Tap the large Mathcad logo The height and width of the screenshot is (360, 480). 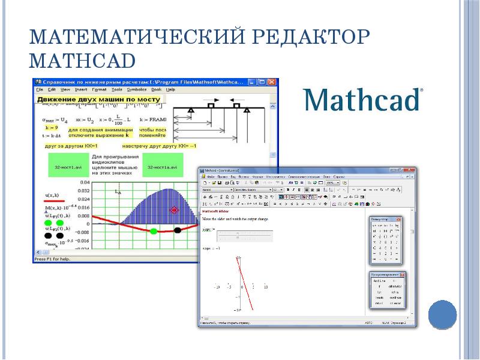[x=363, y=100]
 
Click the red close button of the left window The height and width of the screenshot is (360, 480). [x=273, y=82]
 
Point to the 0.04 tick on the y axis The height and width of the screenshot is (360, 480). [x=84, y=182]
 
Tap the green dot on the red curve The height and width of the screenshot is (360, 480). [x=154, y=231]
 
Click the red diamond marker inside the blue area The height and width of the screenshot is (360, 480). [x=175, y=209]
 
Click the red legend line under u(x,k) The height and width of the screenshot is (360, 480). [x=55, y=202]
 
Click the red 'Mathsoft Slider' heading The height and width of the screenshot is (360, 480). [x=220, y=212]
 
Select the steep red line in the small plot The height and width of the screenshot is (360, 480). [x=244, y=282]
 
